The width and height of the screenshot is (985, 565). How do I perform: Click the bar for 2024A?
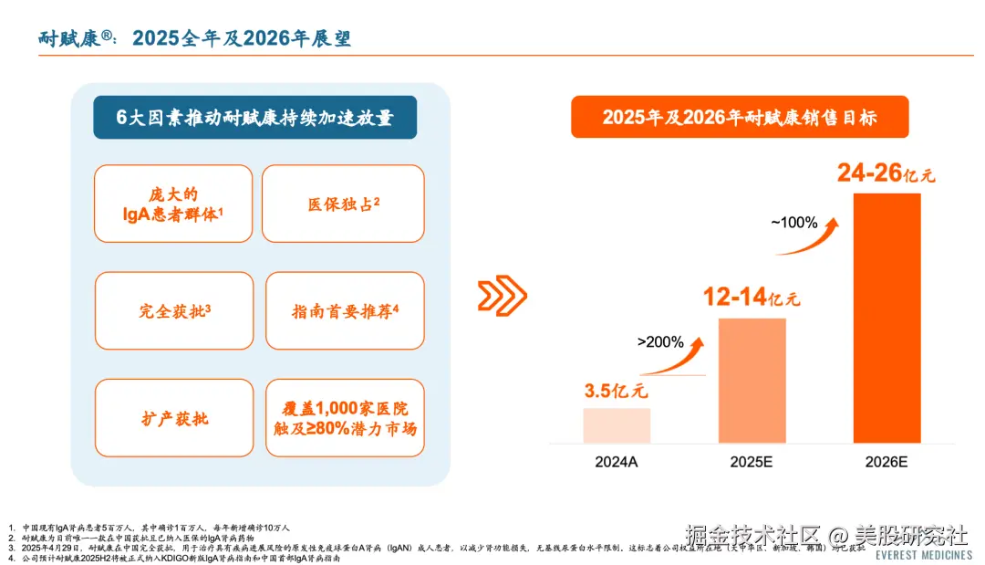coord(617,425)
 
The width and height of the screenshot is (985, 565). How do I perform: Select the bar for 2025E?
coord(752,381)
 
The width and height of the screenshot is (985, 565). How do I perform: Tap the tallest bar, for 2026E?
coord(886,318)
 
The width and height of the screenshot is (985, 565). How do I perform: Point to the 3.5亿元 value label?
coord(616,392)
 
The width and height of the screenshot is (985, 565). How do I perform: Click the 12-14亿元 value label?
coord(751,298)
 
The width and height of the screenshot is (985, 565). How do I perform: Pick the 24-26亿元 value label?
coord(886,173)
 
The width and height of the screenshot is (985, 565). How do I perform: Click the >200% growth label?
coord(659,342)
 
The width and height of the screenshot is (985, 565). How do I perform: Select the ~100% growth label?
coord(793,221)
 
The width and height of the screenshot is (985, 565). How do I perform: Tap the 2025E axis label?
coord(752,463)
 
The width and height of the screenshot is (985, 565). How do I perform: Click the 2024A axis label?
coord(617,463)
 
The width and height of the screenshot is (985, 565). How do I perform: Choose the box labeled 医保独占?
coord(343,204)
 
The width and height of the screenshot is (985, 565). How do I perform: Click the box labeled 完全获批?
coord(174,310)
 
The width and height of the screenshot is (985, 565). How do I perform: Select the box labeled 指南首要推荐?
coord(345,310)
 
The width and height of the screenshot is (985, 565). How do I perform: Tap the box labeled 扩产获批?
coord(174,418)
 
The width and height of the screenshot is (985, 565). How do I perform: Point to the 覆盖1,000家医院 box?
coord(345,418)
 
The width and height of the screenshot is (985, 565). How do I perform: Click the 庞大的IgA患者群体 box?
coord(174,204)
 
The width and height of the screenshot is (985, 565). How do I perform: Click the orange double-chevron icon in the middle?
coord(503,295)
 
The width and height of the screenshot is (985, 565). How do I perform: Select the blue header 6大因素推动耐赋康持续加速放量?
coord(254,118)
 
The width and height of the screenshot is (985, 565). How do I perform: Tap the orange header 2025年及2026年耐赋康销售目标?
coord(740,118)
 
